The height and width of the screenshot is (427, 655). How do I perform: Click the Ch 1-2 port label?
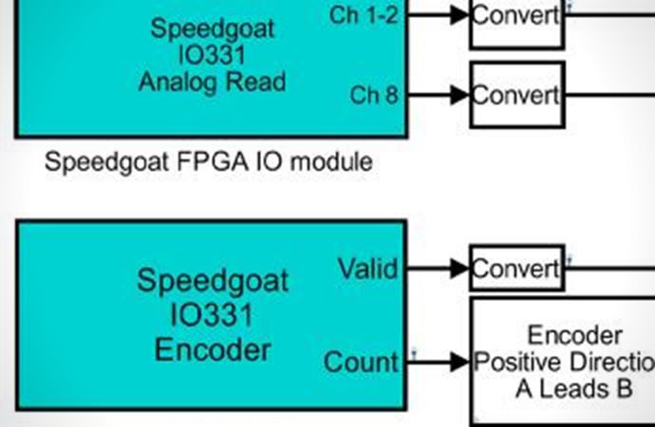tap(364, 16)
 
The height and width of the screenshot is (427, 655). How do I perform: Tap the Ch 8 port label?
tap(374, 95)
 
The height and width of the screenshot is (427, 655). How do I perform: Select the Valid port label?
tap(368, 269)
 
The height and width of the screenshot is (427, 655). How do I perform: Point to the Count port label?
tap(362, 362)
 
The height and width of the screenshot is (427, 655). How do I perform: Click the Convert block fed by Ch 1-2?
tap(517, 23)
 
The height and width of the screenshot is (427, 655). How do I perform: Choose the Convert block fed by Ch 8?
tap(517, 95)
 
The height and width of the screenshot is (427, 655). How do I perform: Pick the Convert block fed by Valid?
tap(517, 269)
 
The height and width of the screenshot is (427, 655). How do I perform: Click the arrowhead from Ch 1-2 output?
tap(459, 15)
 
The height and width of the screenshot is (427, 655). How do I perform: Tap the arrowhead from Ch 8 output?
tap(459, 95)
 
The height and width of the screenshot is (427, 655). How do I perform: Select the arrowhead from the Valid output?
tap(459, 268)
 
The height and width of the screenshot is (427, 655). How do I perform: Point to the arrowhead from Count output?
tap(459, 362)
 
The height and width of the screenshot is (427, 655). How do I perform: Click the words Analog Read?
tap(213, 83)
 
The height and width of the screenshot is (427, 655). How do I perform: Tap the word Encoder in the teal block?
tap(213, 351)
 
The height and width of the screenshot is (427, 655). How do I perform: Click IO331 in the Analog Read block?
tap(212, 56)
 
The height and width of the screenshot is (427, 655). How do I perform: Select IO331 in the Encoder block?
tap(212, 315)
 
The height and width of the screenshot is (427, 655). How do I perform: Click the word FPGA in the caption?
tap(213, 162)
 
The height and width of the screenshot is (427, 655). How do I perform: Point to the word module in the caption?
tap(331, 162)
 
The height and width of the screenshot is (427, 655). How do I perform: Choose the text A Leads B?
tap(574, 389)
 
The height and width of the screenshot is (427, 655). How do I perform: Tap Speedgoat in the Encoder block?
tap(213, 282)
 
